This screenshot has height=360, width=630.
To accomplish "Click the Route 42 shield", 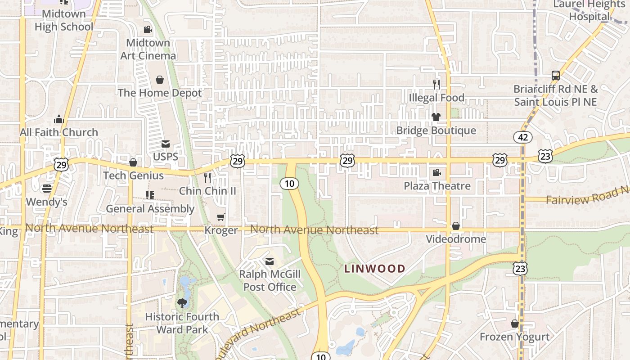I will pos(522,137).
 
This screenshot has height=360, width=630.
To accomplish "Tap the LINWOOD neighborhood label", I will pos(374,269).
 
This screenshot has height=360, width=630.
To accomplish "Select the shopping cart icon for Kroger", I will pos(220,217).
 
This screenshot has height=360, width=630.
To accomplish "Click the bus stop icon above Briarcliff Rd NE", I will pos(556,76).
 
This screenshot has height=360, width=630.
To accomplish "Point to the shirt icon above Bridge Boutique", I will pos(436,117).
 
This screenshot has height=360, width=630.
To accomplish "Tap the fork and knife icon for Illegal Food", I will pos(436,84).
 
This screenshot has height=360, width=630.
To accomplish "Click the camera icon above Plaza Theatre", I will pos(436,172).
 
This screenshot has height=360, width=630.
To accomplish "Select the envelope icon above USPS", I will pos(166,144).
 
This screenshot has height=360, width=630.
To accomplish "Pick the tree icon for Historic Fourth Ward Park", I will pos(182,303).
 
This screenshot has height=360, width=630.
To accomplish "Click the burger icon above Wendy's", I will pos(47,188).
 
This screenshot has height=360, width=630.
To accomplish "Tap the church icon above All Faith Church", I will pos(59,119).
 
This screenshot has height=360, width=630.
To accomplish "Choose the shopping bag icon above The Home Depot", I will pos(159,80).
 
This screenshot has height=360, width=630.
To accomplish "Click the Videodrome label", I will pos(456,239).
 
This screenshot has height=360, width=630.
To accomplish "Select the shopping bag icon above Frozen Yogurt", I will pos(515,324).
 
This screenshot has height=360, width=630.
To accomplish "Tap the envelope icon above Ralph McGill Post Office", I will pos(270,261).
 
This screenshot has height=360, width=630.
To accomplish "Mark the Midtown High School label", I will pos(63,20).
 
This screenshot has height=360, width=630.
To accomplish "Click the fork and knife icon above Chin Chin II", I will pos(207,177).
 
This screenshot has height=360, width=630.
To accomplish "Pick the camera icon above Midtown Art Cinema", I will pos(148,30).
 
